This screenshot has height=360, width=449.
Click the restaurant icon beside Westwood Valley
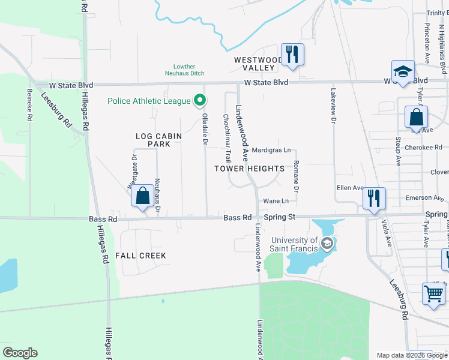coord(292,54)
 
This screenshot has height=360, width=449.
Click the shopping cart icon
coord(433,294)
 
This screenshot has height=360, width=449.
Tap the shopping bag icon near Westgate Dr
coord(142,196)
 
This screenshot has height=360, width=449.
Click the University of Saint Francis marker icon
coord(327,244)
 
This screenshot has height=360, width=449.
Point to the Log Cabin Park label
coord(158,140)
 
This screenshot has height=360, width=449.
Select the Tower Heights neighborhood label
coord(250,169)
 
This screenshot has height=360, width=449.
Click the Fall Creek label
coord(141,256)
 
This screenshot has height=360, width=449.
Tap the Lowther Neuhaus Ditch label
coord(184,70)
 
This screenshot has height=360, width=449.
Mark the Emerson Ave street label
coord(427,197)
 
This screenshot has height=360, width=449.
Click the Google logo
coord(20,352)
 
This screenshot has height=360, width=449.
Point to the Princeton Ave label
coord(427,44)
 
